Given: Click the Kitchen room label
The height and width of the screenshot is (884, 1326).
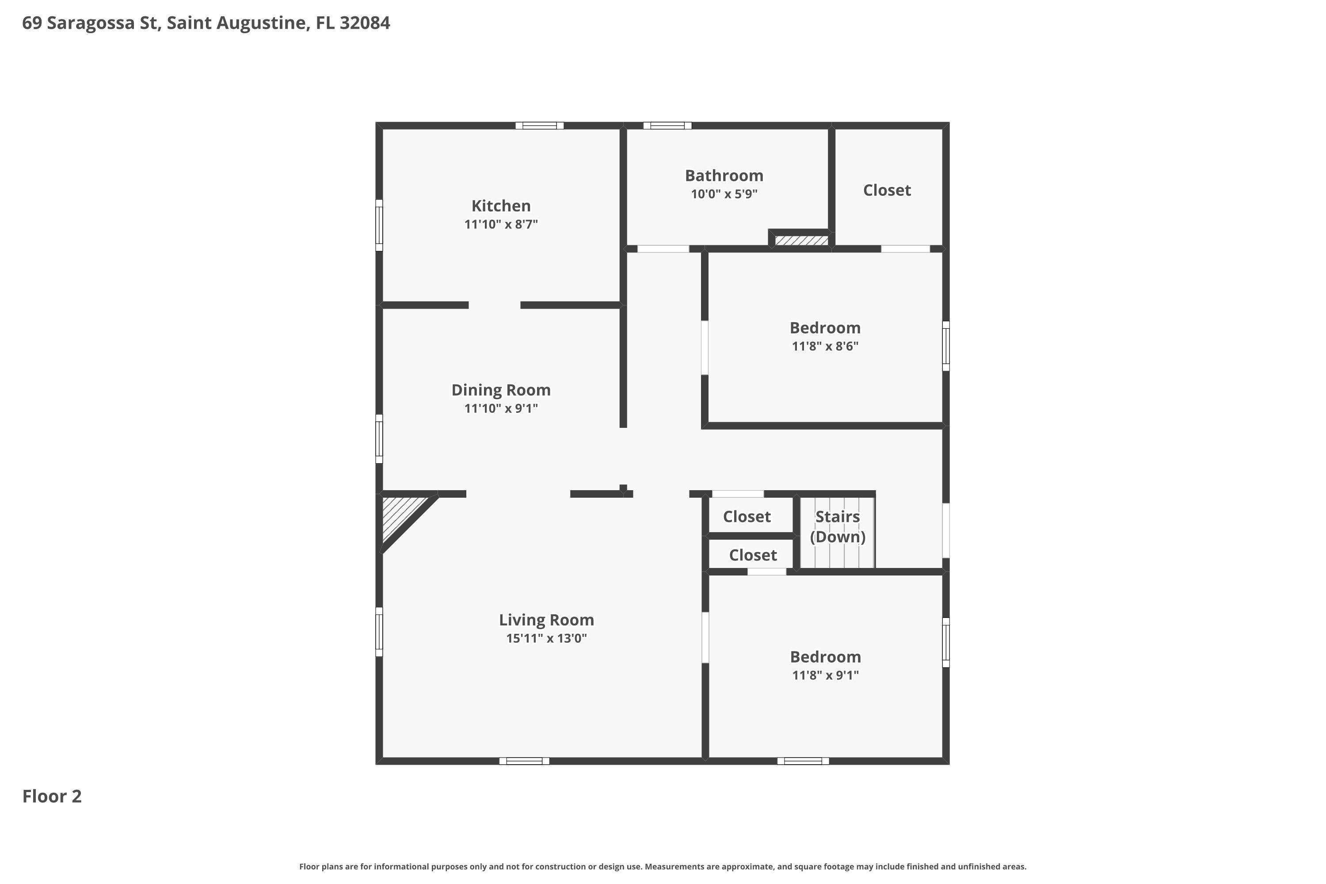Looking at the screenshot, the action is click(x=501, y=206).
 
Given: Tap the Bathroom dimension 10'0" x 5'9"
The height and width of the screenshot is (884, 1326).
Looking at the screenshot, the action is click(x=724, y=194).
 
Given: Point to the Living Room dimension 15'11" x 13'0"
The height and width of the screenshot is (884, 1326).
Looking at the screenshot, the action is click(x=546, y=638).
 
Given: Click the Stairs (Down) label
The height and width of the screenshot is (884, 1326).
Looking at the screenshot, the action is click(x=838, y=526).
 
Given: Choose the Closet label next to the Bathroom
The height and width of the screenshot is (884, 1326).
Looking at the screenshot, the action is click(x=887, y=190).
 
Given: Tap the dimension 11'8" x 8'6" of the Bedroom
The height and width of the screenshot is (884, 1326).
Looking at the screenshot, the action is click(x=825, y=346).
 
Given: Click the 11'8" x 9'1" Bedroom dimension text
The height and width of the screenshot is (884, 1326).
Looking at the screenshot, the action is click(x=825, y=675).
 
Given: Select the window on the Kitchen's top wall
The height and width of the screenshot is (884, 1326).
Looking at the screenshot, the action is click(x=540, y=126).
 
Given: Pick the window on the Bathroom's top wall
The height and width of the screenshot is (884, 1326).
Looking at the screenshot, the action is click(x=667, y=126).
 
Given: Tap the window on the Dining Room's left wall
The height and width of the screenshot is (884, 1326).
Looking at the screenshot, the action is click(x=379, y=438).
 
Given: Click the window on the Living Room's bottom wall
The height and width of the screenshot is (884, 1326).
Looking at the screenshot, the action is click(x=524, y=761).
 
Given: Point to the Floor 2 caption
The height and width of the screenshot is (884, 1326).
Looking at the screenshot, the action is click(x=52, y=796).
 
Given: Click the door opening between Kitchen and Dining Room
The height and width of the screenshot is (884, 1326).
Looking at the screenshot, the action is click(x=495, y=305).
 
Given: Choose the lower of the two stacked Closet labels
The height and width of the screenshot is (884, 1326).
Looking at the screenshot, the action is click(x=753, y=555).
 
